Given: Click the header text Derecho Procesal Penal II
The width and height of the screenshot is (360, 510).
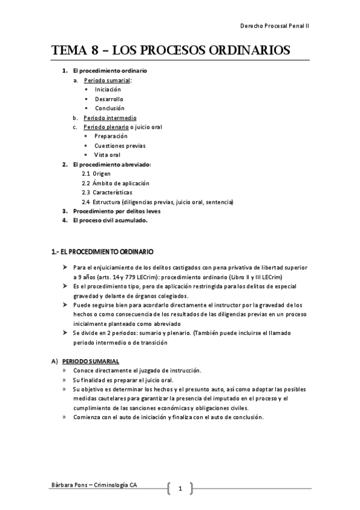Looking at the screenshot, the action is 275,27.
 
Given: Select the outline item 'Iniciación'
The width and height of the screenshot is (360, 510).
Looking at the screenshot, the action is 108,89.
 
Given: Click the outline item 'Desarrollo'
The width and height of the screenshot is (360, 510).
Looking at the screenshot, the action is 109,99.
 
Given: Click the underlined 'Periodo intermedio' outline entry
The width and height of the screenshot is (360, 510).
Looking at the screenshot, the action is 110,118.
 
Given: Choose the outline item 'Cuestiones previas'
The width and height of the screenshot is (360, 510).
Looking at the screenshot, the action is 120,146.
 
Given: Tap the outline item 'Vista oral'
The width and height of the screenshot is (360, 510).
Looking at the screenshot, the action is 108,155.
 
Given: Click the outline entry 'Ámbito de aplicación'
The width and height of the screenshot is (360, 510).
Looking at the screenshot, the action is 120,183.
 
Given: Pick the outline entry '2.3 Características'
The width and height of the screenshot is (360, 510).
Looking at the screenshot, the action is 107,192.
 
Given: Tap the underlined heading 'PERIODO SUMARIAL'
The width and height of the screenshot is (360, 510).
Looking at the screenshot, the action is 93,361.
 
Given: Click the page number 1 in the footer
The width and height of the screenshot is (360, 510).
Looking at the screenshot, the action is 180,489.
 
